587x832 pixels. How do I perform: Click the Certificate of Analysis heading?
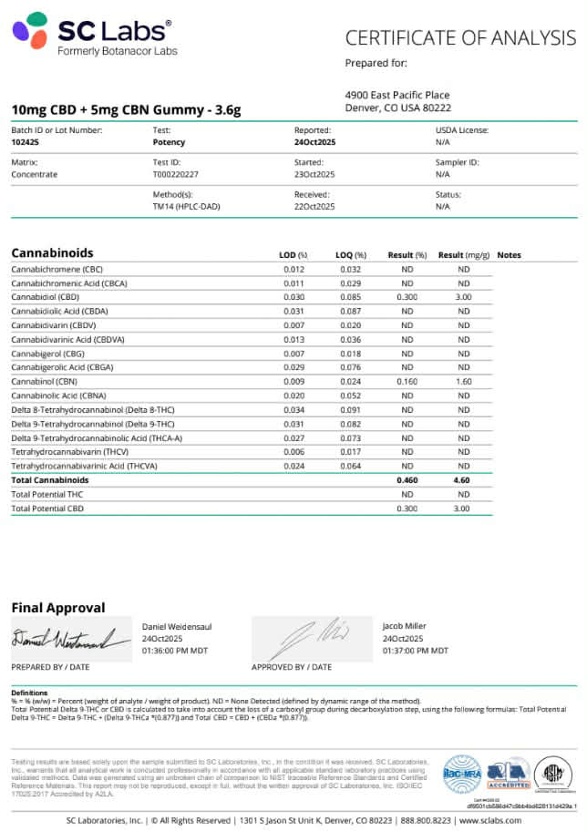coord(460,37)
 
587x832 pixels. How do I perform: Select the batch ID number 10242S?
coord(25,142)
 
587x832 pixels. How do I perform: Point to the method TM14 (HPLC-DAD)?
coord(186,206)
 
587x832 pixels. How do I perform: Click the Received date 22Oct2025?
coord(314,206)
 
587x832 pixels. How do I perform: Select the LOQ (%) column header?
coord(350,255)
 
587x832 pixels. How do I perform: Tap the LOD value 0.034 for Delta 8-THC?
coord(293,409)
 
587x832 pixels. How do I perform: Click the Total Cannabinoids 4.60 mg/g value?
coord(463,479)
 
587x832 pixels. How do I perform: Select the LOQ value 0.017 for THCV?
coord(350,451)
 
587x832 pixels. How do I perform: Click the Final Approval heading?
coord(57,608)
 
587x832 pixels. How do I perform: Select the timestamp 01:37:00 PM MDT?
coord(416,651)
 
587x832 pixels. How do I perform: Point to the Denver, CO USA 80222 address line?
coord(396,108)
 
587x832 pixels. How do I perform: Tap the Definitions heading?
coord(29,693)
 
